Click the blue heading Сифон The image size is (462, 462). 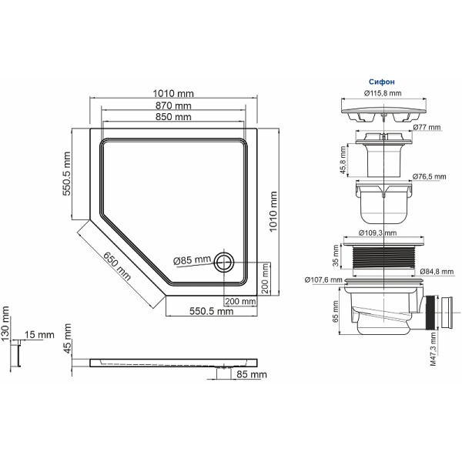(x=383, y=79)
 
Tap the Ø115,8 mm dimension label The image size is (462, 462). (x=383, y=93)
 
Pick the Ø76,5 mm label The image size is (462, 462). (x=428, y=176)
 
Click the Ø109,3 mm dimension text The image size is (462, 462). (x=378, y=232)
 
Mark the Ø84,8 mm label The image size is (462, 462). (x=437, y=271)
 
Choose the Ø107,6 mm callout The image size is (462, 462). (x=323, y=280)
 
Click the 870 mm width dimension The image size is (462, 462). (x=173, y=105)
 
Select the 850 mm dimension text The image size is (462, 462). (x=173, y=117)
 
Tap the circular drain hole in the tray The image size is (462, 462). (x=225, y=261)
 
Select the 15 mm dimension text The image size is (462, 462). (x=39, y=335)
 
